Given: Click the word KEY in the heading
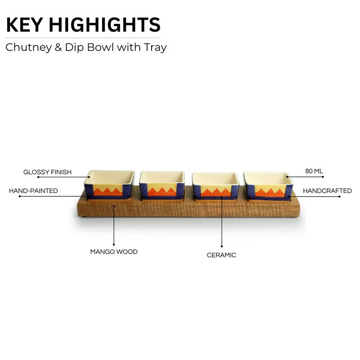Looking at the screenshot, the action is pos(25,25).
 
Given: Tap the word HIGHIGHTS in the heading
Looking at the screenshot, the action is pos(105,25).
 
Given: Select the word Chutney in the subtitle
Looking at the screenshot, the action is pos(29,48).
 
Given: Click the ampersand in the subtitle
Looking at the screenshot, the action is pos(58,47).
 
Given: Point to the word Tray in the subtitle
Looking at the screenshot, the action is pos(155,48).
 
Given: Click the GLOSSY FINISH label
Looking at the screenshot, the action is pos(48,172).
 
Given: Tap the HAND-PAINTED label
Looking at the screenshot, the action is pos(33,191).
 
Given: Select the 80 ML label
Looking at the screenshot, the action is pos(314,171).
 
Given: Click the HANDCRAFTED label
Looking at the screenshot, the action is pos(327,191).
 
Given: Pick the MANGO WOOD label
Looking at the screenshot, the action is pos(114,252).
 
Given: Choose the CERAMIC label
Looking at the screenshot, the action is pos(221,255).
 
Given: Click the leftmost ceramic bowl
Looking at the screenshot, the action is pos(109,185).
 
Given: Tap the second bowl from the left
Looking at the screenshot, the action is pos(162,185).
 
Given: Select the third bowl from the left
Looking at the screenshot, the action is pos(216,186).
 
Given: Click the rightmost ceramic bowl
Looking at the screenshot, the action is pos(268,186).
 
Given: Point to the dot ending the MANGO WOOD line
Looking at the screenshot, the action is pos(114,245).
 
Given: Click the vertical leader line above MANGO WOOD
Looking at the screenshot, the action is pos(114,225).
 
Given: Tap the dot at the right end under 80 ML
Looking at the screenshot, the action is pos(323,177).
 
